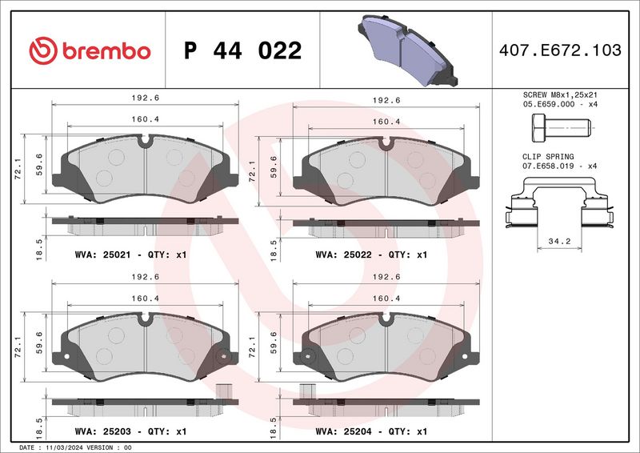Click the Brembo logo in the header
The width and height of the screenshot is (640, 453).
tap(90, 50)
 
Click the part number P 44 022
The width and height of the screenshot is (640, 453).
tap(242, 51)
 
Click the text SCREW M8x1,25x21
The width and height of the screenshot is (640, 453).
tap(559, 94)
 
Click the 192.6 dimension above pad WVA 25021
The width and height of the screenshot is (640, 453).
tap(145, 99)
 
